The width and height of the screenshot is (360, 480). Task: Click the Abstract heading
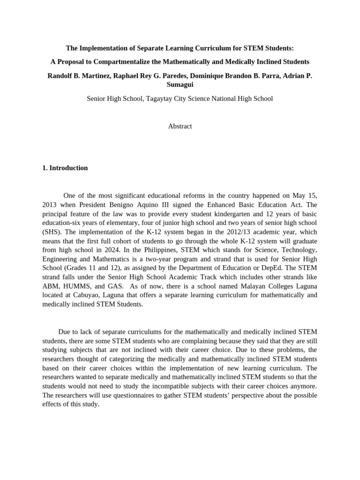point(180,126)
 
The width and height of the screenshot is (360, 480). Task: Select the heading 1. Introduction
point(65,168)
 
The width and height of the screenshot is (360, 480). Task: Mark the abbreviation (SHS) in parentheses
point(52,232)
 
